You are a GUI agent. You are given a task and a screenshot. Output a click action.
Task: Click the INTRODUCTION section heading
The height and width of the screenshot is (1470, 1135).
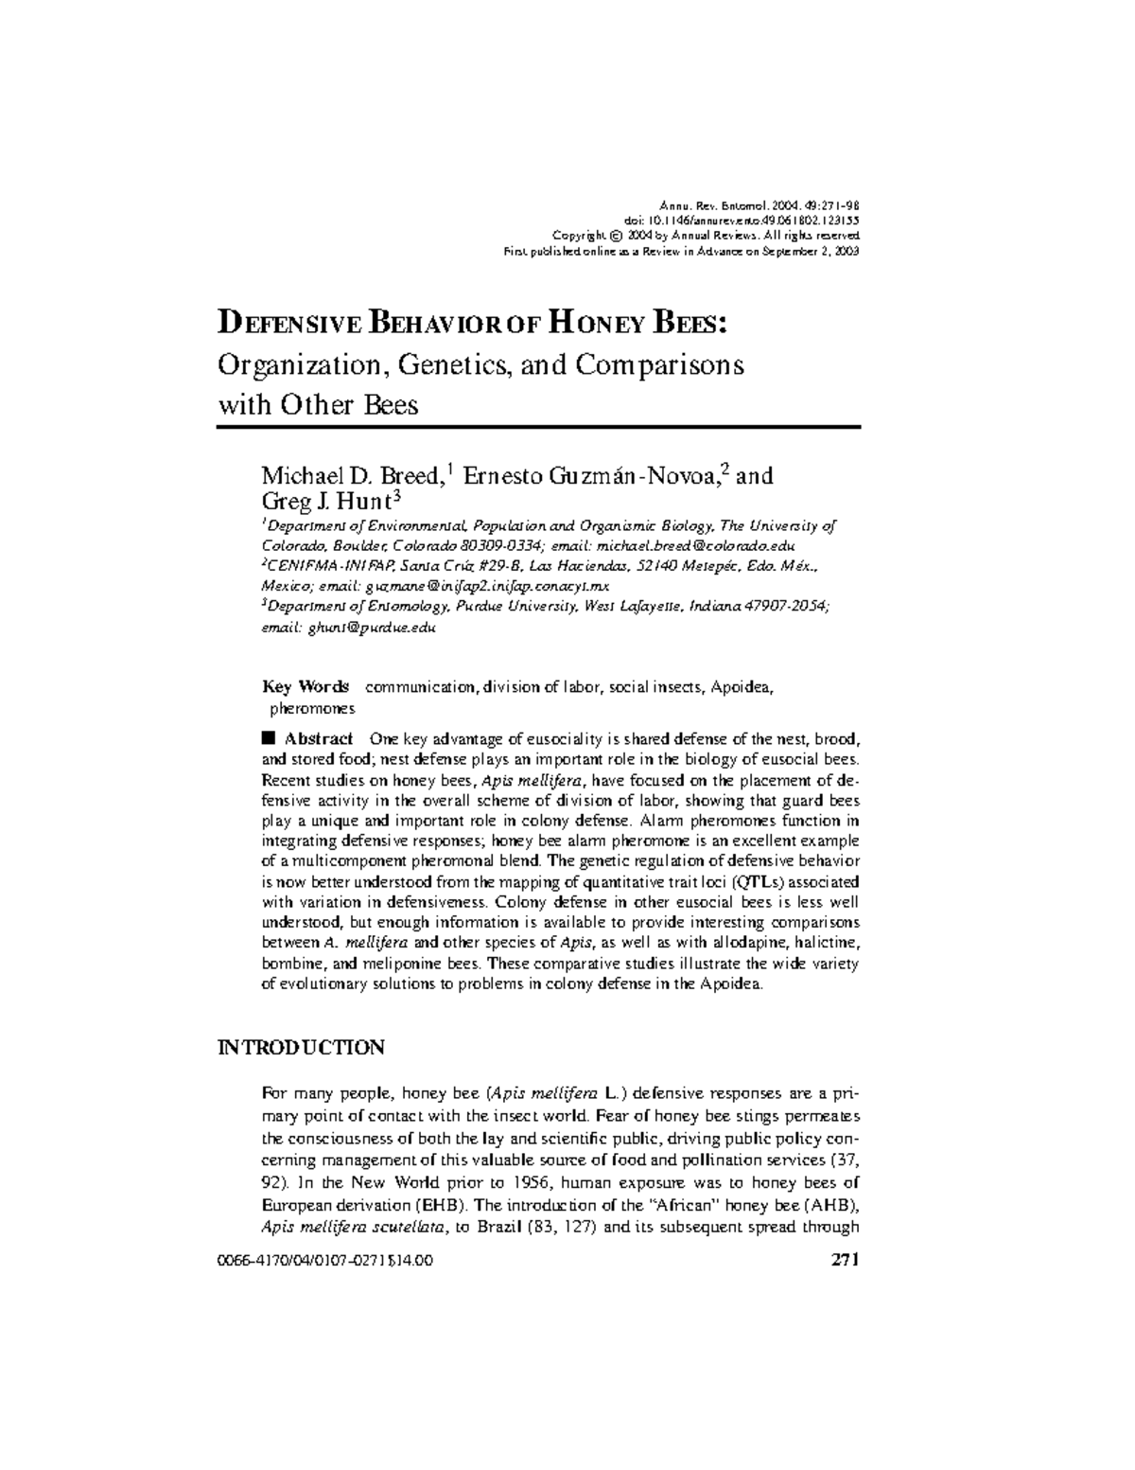(301, 1047)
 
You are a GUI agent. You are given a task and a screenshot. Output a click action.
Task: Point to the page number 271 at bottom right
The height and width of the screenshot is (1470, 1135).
(843, 1260)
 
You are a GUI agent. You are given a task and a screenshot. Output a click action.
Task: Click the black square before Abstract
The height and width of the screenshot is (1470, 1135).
(268, 738)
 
